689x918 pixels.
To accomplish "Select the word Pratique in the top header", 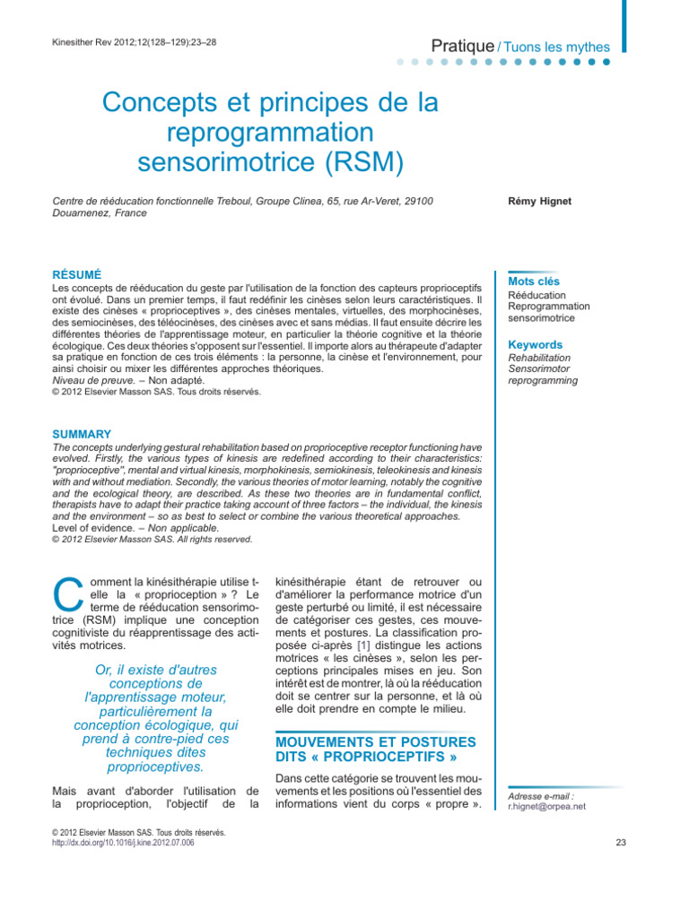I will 462,46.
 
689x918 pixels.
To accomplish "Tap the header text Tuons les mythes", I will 556,47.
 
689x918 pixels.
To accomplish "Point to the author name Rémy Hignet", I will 539,202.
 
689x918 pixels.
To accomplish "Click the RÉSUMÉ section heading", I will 77,273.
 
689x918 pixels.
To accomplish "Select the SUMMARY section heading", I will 83,434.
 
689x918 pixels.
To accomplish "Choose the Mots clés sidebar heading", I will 536,281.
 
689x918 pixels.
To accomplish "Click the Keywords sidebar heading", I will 536,344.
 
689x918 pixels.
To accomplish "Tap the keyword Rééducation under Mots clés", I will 536,295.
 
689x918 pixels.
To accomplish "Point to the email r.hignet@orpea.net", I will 546,806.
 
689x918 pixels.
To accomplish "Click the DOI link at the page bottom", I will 124,844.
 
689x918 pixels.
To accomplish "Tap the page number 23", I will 623,843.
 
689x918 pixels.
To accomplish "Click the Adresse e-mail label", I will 541,795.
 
